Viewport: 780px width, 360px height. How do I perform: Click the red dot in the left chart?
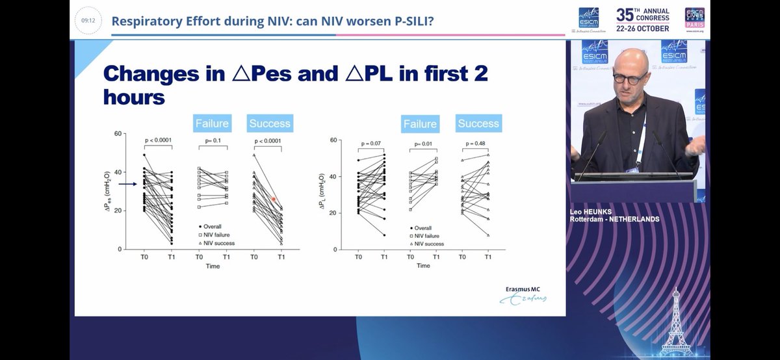274,199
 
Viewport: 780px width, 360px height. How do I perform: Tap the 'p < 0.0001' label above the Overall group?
159,141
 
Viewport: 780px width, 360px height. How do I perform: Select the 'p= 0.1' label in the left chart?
213,141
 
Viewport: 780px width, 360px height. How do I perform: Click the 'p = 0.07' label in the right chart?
370,144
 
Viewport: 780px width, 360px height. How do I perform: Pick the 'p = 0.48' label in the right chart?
476,144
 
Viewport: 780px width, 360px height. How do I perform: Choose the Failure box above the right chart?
420,124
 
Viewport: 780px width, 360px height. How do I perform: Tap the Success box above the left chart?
270,123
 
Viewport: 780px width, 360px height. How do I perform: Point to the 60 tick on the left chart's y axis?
118,134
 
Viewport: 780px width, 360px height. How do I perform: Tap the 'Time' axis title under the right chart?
423,265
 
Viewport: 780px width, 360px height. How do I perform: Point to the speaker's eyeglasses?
629,77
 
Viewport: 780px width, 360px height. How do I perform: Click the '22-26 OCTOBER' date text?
643,28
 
